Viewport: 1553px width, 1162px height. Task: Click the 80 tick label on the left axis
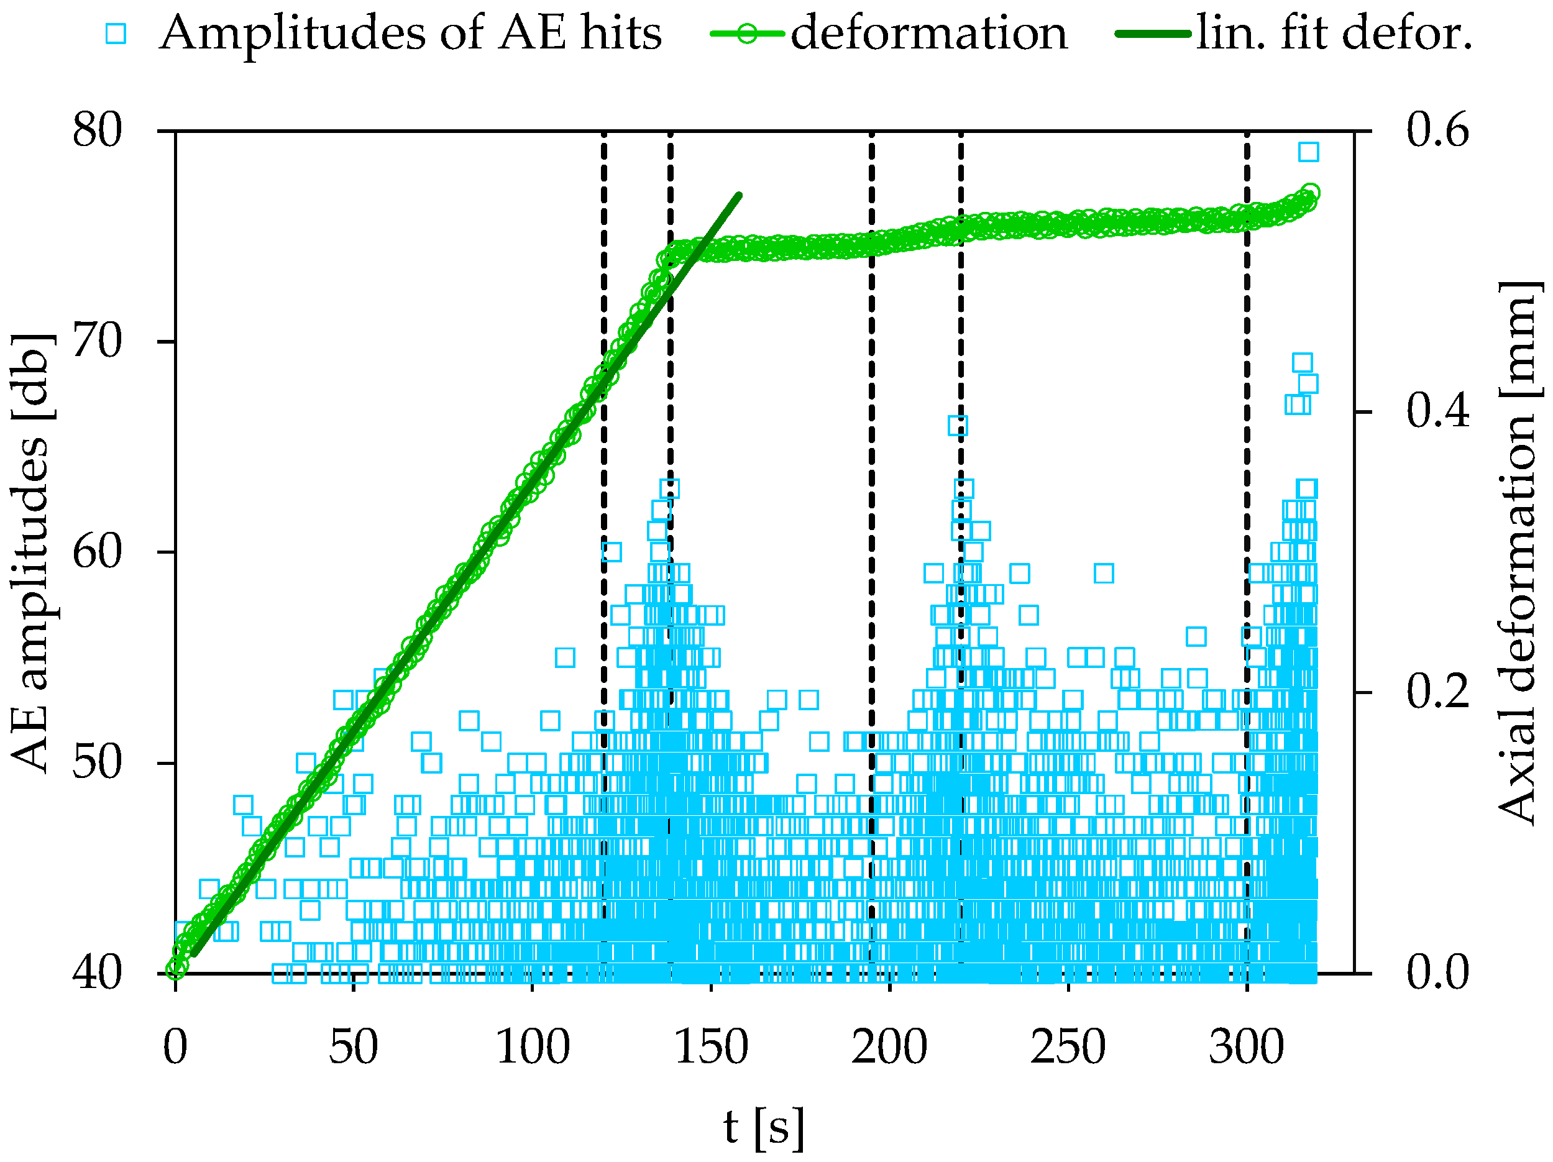click(x=97, y=130)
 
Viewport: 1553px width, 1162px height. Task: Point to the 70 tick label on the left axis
click(x=97, y=342)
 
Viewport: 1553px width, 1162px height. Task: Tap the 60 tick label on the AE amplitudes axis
click(x=97, y=552)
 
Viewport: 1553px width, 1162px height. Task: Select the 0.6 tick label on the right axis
click(x=1437, y=130)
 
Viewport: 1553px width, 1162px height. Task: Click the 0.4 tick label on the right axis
click(x=1437, y=411)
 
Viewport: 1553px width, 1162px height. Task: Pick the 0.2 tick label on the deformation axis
click(x=1437, y=692)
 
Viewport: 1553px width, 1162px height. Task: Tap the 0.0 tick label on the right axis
click(x=1437, y=973)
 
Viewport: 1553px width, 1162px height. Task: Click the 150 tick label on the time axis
click(x=711, y=1048)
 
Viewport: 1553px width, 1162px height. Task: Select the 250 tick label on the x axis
click(x=1068, y=1048)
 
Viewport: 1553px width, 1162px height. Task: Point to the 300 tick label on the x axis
click(x=1246, y=1048)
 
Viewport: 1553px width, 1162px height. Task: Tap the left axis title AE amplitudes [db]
click(x=32, y=552)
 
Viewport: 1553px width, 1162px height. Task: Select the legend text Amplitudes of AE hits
click(x=411, y=33)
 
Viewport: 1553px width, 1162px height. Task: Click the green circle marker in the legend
click(x=747, y=34)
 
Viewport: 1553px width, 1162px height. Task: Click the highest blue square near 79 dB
click(x=1308, y=152)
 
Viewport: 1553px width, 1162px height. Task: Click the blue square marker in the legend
click(x=116, y=34)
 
